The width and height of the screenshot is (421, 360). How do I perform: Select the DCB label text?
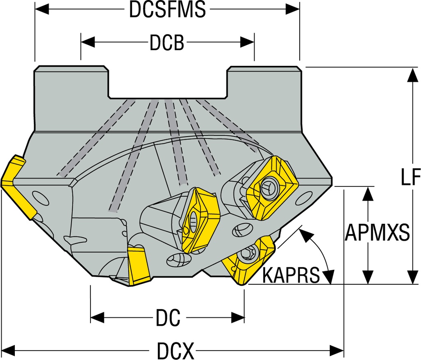tap(167, 42)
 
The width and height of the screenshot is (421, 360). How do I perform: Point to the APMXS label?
tap(377, 233)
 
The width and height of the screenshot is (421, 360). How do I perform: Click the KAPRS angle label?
tap(291, 275)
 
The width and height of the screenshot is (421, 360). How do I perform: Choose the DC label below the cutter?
tap(168, 318)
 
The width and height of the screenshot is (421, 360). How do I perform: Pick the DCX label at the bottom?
tap(175, 351)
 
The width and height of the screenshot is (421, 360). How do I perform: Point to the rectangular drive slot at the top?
tap(168, 82)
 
